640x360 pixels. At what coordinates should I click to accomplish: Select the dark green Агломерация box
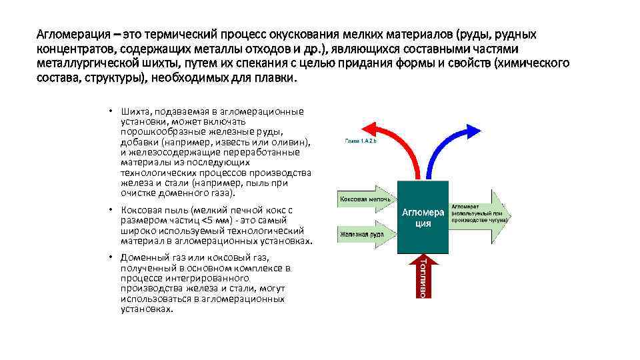[x=423, y=217]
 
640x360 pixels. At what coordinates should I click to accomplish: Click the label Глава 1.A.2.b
[x=361, y=141]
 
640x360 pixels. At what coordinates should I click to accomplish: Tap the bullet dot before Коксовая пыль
[x=111, y=209]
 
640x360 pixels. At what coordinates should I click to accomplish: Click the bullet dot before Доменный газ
[x=111, y=257]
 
